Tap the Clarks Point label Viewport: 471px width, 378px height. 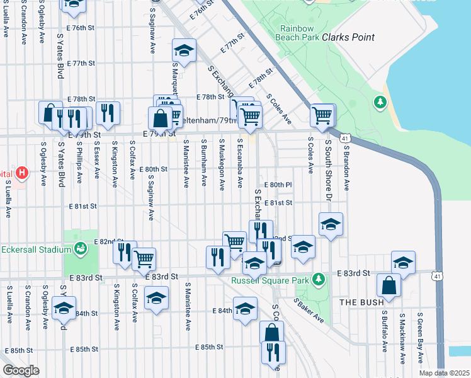pos(348,37)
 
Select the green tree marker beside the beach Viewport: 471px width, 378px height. pos(380,101)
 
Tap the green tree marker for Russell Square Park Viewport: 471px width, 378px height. pos(319,278)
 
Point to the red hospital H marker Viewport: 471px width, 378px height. pos(22,172)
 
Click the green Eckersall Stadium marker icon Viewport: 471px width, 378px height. pos(80,249)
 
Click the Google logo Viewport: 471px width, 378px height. pos(20,370)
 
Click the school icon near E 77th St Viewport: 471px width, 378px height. pos(184,50)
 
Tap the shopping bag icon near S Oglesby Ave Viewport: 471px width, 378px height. pos(50,113)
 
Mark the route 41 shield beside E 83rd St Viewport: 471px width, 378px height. pos(437,275)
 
